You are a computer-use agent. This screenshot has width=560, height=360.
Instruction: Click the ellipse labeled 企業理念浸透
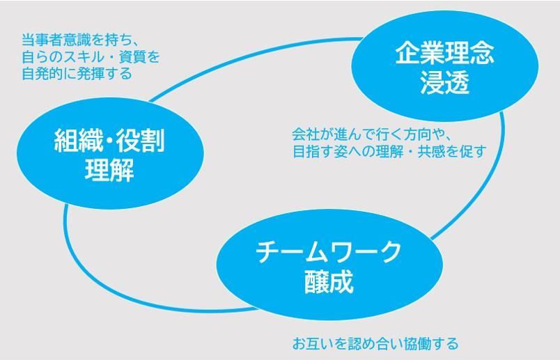tap(444, 66)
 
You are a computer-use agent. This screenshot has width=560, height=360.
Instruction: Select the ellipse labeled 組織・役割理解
tap(110, 153)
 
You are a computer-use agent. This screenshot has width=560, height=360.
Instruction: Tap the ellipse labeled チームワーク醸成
tap(329, 265)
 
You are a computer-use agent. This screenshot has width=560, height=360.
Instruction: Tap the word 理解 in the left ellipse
tap(109, 169)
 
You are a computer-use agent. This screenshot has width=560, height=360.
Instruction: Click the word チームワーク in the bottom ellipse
tap(329, 252)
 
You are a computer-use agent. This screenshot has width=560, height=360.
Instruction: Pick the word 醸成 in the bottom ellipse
tap(329, 281)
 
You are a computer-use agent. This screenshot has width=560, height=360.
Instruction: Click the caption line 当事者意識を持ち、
tap(80, 40)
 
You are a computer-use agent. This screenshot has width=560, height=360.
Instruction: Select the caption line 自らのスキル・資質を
tap(91, 57)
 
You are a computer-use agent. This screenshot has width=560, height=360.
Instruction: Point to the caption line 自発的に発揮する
tap(77, 74)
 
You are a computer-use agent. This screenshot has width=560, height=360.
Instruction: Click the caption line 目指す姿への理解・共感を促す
tap(389, 151)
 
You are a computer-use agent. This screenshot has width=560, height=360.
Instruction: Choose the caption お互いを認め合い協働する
tap(375, 343)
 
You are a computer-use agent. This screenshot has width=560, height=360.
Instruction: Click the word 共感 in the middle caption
tap(431, 151)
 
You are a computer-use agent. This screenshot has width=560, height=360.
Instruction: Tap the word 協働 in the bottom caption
tap(417, 343)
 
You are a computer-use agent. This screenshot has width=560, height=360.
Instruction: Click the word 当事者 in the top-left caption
tap(42, 40)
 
